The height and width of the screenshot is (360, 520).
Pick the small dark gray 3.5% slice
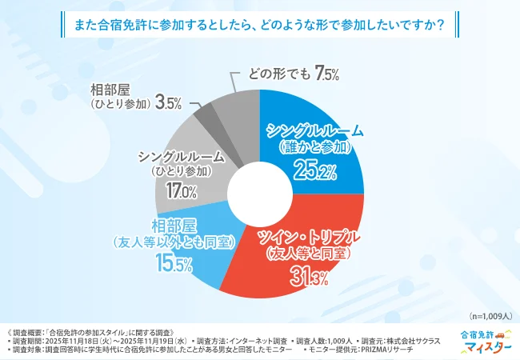[204, 109]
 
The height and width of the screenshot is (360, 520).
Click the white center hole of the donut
[259, 193]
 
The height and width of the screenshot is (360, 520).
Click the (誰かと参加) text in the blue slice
[315, 148]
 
